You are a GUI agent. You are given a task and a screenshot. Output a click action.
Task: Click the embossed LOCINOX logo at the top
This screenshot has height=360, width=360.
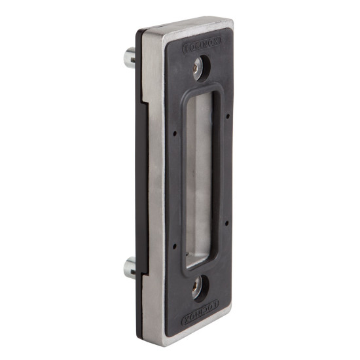click(200, 47)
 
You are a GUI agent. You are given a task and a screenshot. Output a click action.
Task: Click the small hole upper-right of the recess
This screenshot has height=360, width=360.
click(226, 117)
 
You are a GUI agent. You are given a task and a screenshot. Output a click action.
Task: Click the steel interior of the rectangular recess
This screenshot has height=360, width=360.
click(200, 177)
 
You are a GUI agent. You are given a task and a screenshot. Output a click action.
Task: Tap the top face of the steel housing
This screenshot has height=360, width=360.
click(183, 26)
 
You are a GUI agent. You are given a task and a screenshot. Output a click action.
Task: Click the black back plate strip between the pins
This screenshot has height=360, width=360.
click(139, 170)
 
